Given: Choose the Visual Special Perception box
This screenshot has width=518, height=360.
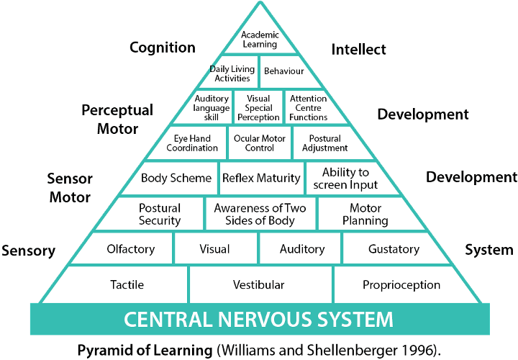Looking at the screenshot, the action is [x=258, y=108].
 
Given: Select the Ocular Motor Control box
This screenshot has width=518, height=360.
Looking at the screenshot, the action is [x=259, y=143].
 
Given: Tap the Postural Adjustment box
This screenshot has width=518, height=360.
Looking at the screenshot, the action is [x=329, y=143].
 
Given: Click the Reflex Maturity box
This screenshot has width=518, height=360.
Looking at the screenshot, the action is [x=261, y=178].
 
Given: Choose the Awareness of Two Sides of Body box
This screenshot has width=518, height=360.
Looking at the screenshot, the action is [x=260, y=214].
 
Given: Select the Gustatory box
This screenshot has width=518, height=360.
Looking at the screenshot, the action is [x=393, y=249].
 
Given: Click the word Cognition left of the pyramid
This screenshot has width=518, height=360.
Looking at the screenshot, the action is [x=163, y=48].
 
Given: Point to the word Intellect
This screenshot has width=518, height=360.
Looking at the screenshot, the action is [x=358, y=49].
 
